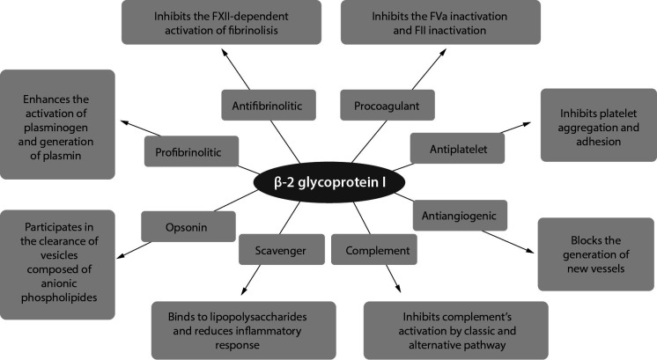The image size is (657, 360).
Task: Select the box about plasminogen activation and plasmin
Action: tap(58, 124)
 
